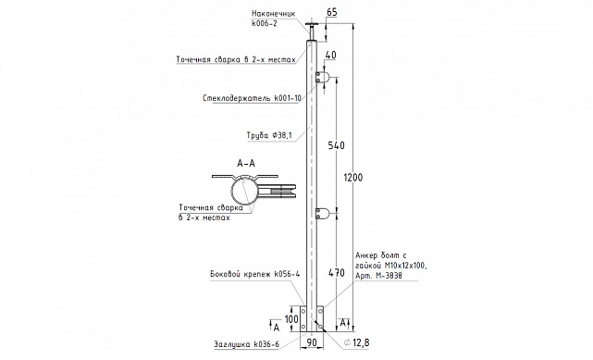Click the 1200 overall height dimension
pyautogui.click(x=353, y=178)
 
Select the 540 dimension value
pyautogui.click(x=336, y=145)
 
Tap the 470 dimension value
pyautogui.click(x=336, y=273)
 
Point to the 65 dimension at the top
pyautogui.click(x=332, y=12)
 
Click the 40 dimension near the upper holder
pyautogui.click(x=330, y=55)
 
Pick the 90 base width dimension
pyautogui.click(x=311, y=342)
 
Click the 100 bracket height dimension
pyautogui.click(x=291, y=319)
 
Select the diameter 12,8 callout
pyautogui.click(x=356, y=342)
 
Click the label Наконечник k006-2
pyautogui.click(x=274, y=19)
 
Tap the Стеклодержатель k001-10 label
pyautogui.click(x=252, y=98)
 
